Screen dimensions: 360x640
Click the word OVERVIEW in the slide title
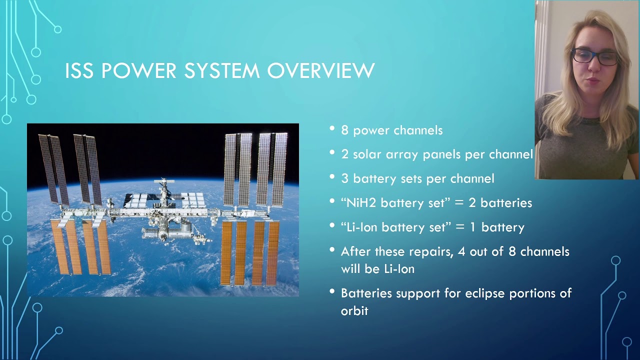click(x=321, y=71)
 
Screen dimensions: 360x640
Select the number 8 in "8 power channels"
click(x=344, y=130)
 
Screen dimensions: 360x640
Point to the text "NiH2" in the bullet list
click(x=360, y=203)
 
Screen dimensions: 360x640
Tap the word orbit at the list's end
click(x=354, y=311)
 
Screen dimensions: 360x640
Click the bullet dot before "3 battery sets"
click(x=332, y=177)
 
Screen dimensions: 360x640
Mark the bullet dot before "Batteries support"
click(x=332, y=291)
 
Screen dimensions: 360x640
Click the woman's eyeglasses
click(x=595, y=56)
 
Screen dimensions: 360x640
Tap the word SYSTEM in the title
click(x=222, y=71)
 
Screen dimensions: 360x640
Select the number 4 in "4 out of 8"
click(x=461, y=251)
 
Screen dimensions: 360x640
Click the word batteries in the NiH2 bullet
click(x=506, y=203)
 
